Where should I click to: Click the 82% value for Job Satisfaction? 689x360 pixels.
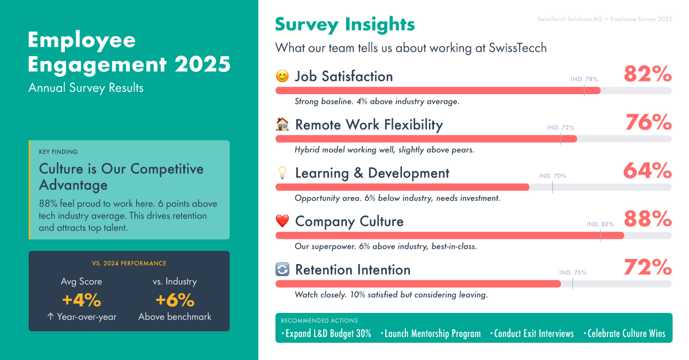click(648, 74)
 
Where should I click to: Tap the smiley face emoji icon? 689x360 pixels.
click(282, 76)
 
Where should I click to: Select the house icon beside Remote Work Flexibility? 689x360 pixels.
click(282, 125)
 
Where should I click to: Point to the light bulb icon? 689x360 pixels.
click(282, 173)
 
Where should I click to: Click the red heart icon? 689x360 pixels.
click(282, 221)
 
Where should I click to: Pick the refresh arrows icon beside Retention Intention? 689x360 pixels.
click(282, 269)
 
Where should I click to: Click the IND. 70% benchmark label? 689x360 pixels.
click(552, 176)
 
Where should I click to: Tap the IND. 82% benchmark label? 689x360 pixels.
click(600, 224)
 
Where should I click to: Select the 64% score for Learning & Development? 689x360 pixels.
click(648, 171)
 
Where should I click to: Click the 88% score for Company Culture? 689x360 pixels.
click(648, 219)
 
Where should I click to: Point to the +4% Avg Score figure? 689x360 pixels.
click(82, 300)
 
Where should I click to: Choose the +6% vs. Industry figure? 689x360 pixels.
click(175, 300)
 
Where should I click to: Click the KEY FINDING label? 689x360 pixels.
click(58, 152)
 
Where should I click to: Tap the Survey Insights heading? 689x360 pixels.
click(345, 25)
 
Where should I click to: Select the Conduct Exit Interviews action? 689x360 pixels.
click(532, 334)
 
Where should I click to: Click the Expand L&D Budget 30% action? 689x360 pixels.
click(326, 334)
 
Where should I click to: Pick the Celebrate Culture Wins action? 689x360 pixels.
click(625, 334)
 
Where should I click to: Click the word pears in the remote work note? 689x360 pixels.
click(463, 150)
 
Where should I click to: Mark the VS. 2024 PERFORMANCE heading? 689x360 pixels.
click(129, 264)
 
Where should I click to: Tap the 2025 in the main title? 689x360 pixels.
click(202, 64)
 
